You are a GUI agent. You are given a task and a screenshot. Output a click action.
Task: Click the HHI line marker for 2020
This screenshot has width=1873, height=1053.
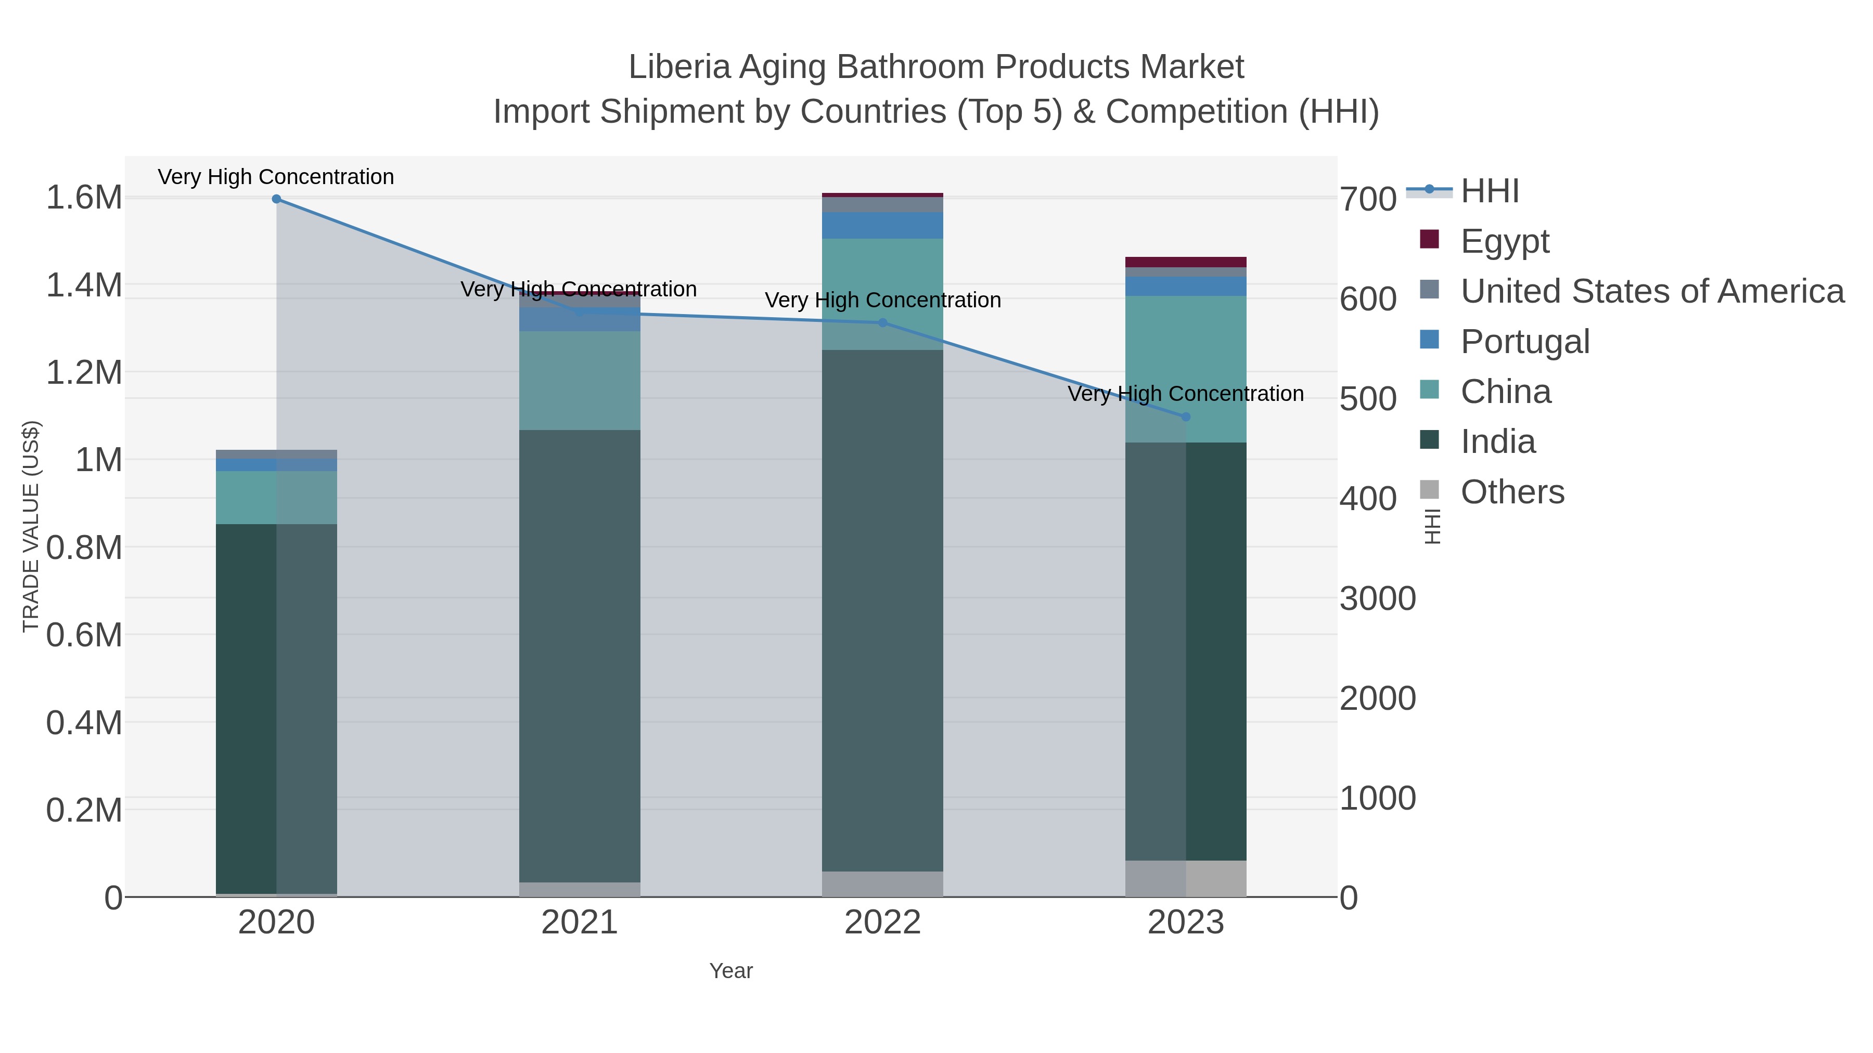point(276,199)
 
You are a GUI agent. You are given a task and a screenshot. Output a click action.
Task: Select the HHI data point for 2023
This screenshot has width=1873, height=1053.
point(1186,417)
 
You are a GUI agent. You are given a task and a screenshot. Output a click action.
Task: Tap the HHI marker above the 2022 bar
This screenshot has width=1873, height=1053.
point(883,322)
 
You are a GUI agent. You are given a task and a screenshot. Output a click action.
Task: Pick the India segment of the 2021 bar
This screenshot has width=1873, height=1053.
point(580,654)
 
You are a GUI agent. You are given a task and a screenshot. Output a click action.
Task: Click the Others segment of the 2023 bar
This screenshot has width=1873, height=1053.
point(1186,879)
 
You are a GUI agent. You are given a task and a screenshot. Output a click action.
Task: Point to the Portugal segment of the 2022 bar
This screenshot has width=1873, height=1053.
point(883,225)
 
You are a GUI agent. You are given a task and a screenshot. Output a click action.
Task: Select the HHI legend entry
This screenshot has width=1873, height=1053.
point(1489,191)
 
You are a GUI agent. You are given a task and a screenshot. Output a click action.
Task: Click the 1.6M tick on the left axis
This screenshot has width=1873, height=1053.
point(84,198)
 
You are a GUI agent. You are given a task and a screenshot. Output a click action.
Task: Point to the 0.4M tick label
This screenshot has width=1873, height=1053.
point(84,723)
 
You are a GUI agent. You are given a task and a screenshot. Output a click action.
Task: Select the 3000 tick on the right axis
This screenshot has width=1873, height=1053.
point(1378,599)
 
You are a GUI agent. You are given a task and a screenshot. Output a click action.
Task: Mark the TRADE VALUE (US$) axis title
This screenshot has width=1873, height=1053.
point(31,526)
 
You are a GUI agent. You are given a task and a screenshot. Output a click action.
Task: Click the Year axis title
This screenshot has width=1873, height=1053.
point(731,971)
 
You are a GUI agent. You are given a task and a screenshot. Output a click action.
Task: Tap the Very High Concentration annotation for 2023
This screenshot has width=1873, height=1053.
point(1185,394)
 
